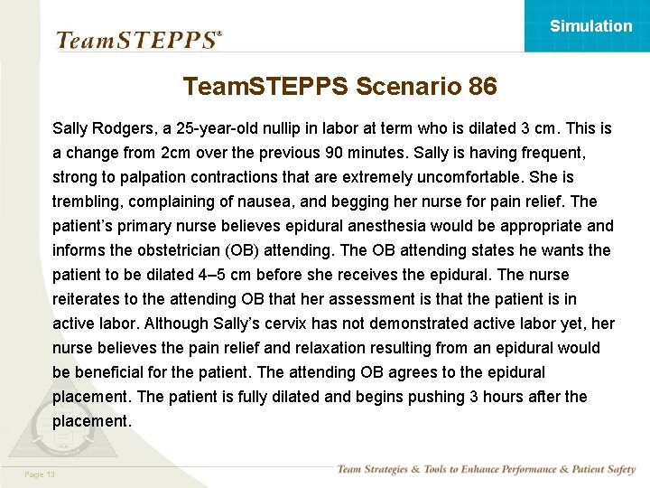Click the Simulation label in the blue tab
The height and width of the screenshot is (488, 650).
pos(590,26)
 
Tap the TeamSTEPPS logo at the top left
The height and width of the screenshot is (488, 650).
pos(138,40)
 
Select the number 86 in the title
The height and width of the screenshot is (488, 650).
pos(483,87)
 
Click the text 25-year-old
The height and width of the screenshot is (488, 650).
pos(222,128)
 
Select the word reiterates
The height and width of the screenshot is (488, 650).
pos(91,299)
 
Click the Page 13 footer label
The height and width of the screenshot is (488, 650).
pos(41,474)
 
